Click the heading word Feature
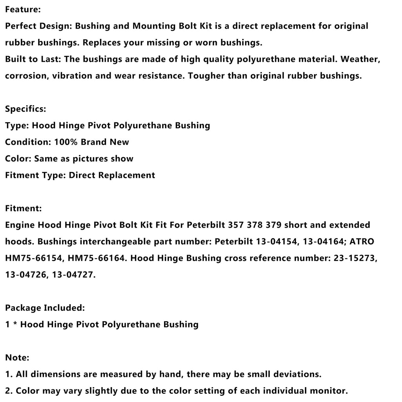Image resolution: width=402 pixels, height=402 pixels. (23, 9)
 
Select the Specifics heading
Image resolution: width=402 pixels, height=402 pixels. (26, 109)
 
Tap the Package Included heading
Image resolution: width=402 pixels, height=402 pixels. (45, 308)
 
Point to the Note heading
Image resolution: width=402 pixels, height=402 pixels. (17, 358)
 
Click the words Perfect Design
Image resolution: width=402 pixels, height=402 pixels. (38, 26)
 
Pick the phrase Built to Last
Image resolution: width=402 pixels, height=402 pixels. (33, 59)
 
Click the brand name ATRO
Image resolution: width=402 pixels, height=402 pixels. (360, 241)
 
